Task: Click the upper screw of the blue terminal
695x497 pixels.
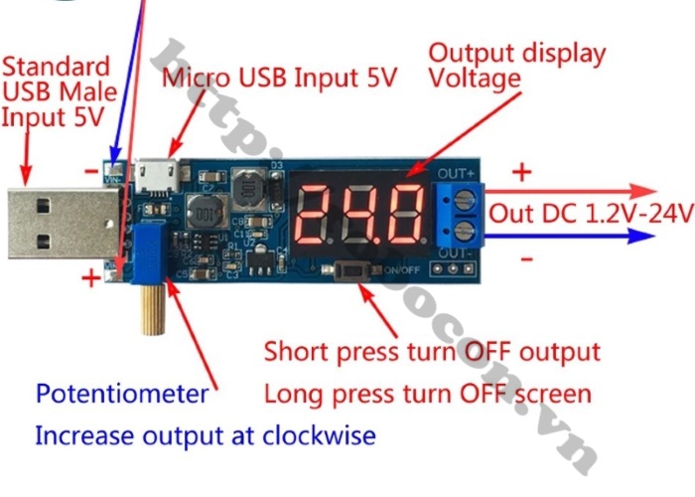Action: (x=465, y=199)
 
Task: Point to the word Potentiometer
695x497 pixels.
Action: (x=122, y=394)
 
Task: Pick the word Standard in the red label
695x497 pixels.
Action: (x=56, y=68)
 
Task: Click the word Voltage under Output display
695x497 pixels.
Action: (x=474, y=79)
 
